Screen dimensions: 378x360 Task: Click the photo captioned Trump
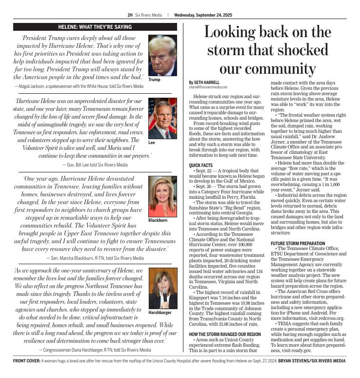tap(162, 55)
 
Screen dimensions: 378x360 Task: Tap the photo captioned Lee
tap(162, 118)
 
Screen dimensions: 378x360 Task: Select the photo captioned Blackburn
tap(162, 196)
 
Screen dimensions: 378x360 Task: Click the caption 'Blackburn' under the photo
tap(158, 221)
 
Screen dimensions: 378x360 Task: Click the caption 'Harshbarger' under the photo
tap(160, 312)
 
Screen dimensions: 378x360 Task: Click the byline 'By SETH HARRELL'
tap(204, 82)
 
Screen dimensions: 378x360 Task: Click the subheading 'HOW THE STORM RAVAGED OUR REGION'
tap(225, 334)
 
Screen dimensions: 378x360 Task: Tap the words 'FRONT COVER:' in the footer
tap(27, 361)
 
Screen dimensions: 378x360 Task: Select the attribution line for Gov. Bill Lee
tap(95, 165)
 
